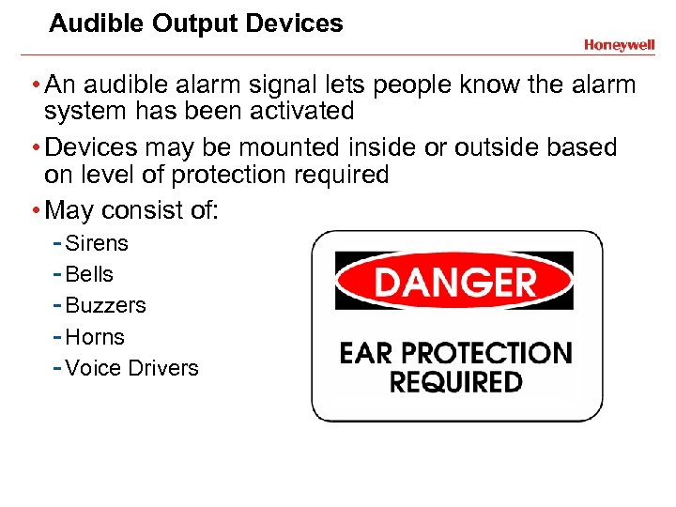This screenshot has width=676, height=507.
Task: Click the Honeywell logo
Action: (x=619, y=44)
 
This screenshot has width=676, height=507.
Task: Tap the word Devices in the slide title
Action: (x=298, y=23)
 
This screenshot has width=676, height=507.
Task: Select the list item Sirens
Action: (x=97, y=243)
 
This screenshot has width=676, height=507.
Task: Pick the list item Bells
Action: (x=89, y=274)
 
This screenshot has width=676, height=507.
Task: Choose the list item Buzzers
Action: (x=106, y=305)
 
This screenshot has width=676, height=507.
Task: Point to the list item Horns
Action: (x=95, y=336)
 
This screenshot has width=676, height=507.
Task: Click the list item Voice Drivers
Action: (x=132, y=368)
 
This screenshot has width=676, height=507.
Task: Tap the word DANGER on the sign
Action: (x=454, y=281)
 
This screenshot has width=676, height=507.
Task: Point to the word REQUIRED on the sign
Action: (x=455, y=382)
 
